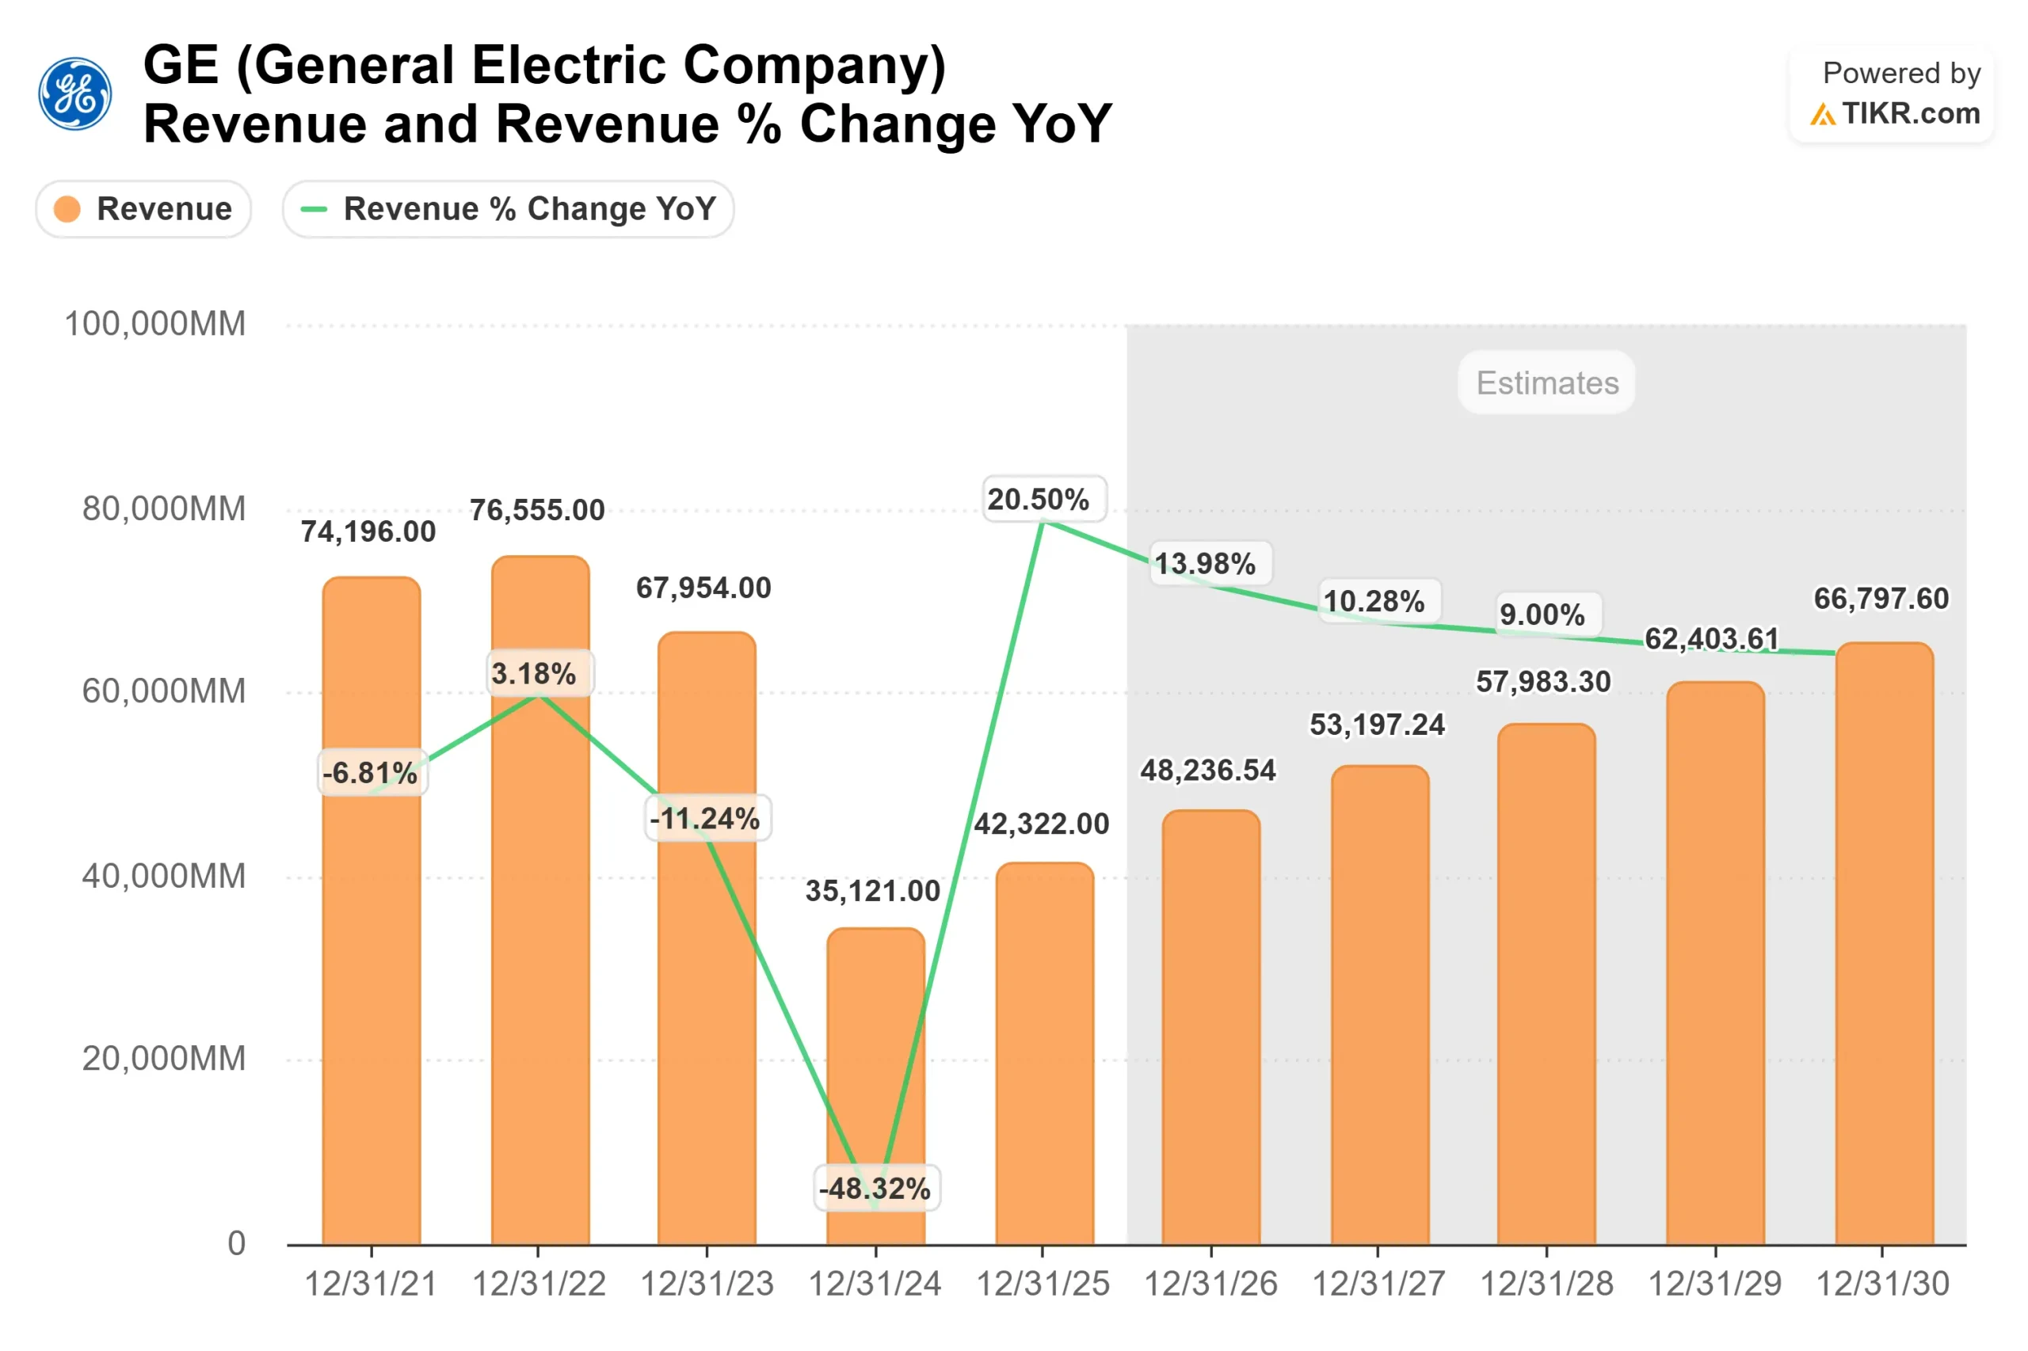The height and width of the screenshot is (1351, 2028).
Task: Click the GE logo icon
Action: (75, 94)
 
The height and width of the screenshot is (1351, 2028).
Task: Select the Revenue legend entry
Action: (143, 208)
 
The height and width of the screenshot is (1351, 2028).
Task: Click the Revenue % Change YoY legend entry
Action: (508, 208)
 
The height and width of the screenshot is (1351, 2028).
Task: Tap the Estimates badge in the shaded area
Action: (1546, 382)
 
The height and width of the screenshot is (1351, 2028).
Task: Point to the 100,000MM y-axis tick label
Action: (155, 324)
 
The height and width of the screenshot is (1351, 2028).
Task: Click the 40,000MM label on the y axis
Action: (164, 877)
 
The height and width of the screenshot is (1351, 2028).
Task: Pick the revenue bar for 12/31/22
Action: (540, 948)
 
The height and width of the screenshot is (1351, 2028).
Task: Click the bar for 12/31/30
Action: (1883, 948)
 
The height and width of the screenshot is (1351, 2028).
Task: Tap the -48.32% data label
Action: (875, 1188)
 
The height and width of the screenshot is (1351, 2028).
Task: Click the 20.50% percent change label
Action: (1039, 499)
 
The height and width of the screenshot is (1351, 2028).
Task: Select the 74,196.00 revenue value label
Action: (368, 531)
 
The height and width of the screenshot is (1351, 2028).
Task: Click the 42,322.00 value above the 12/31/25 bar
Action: (1042, 824)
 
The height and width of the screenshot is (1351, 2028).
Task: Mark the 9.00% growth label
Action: (1542, 615)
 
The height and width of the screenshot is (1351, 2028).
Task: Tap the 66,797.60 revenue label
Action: (1881, 598)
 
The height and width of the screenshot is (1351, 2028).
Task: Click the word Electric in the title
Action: (569, 66)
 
